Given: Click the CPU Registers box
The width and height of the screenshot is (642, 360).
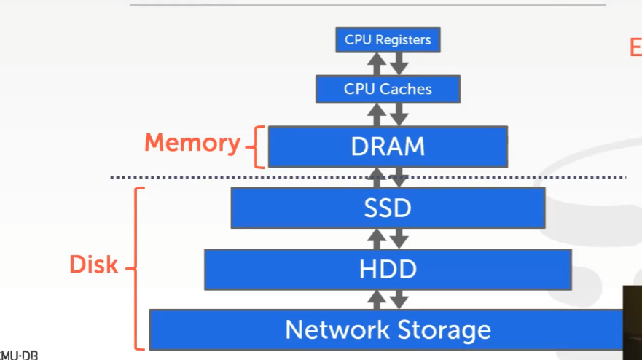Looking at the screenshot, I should tap(388, 39).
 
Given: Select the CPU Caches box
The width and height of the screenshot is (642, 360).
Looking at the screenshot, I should tap(388, 89).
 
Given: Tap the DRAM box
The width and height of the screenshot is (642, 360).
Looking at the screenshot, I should tap(388, 146).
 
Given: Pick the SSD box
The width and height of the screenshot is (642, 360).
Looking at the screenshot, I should tap(388, 208).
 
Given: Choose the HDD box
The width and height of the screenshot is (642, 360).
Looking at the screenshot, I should tap(388, 269).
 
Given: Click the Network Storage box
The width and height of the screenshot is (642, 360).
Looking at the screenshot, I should tap(388, 329).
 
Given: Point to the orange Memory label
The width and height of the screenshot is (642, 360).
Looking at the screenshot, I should tap(192, 143).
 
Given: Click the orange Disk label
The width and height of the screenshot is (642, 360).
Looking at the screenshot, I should tap(93, 265).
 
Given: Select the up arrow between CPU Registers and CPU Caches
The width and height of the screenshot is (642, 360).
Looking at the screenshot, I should tap(377, 64).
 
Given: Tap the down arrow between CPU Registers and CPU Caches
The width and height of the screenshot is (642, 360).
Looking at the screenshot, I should tap(399, 64).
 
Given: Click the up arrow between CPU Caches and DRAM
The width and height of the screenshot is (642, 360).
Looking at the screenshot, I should tap(377, 114).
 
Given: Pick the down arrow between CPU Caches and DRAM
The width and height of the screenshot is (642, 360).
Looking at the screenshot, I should tap(399, 114).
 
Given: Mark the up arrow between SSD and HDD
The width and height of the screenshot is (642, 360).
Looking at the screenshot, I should tap(377, 238).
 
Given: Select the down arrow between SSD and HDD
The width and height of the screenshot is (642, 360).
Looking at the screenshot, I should tap(399, 238).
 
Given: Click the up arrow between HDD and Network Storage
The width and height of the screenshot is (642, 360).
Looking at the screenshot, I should tap(377, 299).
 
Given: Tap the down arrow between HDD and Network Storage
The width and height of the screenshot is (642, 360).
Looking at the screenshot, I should tap(399, 299).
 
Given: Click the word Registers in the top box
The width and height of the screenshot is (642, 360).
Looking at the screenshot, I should tap(402, 39).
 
